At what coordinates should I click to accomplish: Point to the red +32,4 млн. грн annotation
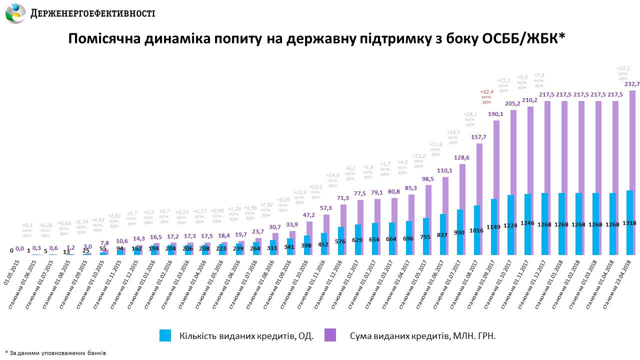[x=486, y=96]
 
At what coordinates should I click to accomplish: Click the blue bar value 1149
[x=493, y=234]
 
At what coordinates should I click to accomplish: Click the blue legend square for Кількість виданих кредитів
[x=165, y=335]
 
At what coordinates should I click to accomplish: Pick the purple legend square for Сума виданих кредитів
[x=330, y=335]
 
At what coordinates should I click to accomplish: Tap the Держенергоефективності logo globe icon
[x=15, y=13]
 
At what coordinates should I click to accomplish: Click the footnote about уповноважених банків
[x=55, y=352]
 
